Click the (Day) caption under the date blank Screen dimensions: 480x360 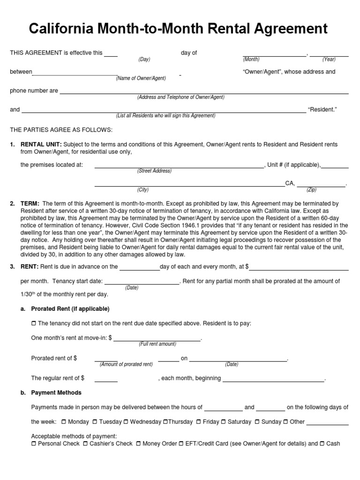144,60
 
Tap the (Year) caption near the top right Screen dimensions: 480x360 329,60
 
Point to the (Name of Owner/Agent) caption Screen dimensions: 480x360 141,78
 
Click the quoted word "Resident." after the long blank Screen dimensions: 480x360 322,110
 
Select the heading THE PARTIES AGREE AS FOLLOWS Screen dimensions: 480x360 61,129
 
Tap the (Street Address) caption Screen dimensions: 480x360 154,171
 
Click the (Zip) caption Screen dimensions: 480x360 312,190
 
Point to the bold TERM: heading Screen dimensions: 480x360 30,204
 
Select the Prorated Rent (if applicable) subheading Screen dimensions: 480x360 70,309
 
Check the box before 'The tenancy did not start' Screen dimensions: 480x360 33,323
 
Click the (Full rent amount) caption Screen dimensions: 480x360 157,344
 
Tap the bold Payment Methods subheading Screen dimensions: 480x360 56,393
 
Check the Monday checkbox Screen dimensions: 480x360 64,422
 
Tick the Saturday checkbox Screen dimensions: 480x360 224,422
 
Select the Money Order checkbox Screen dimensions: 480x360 138,443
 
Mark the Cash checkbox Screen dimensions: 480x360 322,443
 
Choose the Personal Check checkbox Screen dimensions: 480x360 33,443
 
